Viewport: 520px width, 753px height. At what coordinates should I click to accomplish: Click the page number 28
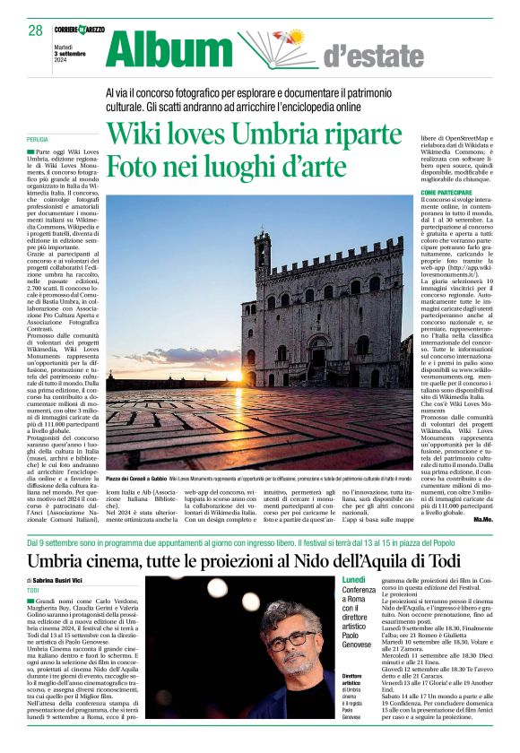tap(35, 30)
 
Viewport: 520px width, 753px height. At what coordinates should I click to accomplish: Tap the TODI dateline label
tap(34, 591)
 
